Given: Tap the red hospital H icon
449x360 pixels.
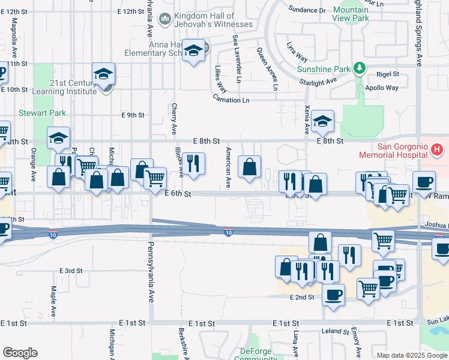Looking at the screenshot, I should (437, 148).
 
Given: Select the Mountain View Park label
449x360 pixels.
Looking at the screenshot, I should (351, 14).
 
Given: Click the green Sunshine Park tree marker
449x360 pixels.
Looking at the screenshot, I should (359, 68).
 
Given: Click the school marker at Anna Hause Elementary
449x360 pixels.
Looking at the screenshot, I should (193, 52).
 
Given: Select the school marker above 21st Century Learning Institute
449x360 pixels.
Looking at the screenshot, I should (103, 75).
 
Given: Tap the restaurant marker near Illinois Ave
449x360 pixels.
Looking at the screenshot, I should (193, 165).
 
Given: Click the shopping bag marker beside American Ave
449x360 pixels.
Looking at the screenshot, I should (249, 167).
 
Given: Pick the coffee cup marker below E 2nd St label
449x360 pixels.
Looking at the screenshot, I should (333, 295).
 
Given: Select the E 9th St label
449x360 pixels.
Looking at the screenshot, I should (133, 115).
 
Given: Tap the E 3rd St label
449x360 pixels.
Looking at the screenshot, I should (71, 271).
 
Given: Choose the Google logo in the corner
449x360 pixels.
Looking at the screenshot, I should (20, 353).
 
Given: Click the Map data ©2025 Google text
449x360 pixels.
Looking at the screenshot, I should (411, 355).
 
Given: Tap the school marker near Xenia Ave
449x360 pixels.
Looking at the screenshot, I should (322, 122).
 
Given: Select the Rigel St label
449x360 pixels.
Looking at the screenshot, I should (387, 74).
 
